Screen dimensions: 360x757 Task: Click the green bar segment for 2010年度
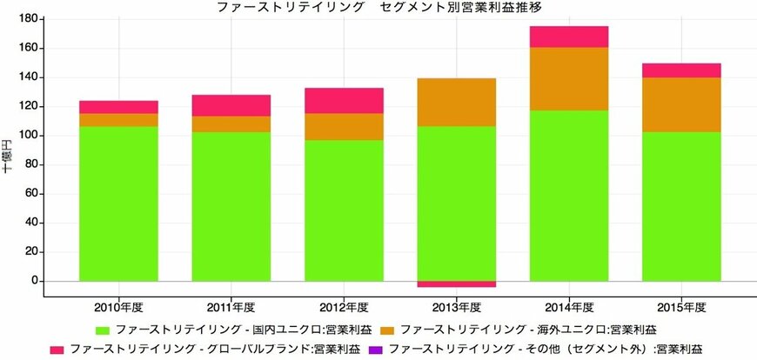pos(118,203)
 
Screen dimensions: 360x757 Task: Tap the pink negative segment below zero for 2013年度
pos(457,283)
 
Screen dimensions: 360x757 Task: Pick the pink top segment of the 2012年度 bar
pos(344,100)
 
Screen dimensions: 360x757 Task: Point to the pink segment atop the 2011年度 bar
pos(231,105)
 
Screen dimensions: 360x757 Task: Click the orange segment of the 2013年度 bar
pos(457,102)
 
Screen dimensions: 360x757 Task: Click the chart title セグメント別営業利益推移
pos(461,7)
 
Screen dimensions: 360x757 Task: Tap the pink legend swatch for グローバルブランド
pos(57,350)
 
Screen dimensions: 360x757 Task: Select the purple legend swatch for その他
pos(376,350)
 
